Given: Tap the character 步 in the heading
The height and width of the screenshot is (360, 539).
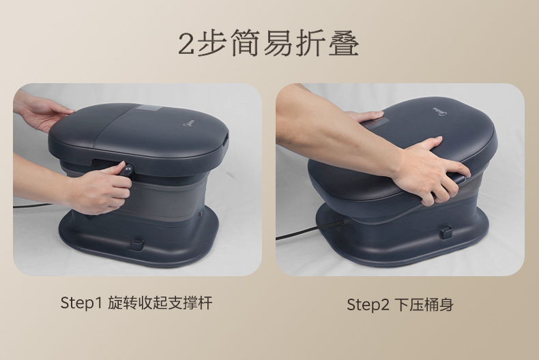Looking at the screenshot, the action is pyautogui.click(x=212, y=42).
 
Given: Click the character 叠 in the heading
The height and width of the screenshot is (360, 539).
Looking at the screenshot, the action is pyautogui.click(x=344, y=42).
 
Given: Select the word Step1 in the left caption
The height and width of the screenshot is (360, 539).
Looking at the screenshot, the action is pyautogui.click(x=81, y=303).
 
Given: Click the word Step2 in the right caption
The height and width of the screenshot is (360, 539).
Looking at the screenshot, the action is pyautogui.click(x=368, y=305).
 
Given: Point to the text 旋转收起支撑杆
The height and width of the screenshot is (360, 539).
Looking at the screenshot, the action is pyautogui.click(x=160, y=303).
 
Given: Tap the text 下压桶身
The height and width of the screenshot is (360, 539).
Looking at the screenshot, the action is pyautogui.click(x=424, y=304).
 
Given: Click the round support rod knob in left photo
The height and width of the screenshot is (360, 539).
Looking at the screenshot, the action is pyautogui.click(x=127, y=170).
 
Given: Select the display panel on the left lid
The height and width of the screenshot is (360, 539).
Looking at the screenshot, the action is pyautogui.click(x=149, y=108).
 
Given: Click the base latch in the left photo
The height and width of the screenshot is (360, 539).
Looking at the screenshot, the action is pyautogui.click(x=137, y=245).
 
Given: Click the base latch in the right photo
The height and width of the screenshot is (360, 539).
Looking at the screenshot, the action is pyautogui.click(x=446, y=232).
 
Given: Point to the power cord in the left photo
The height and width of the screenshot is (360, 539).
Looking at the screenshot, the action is pyautogui.click(x=33, y=205).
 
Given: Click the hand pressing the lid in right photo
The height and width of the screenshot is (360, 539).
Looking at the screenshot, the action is pyautogui.click(x=430, y=168).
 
